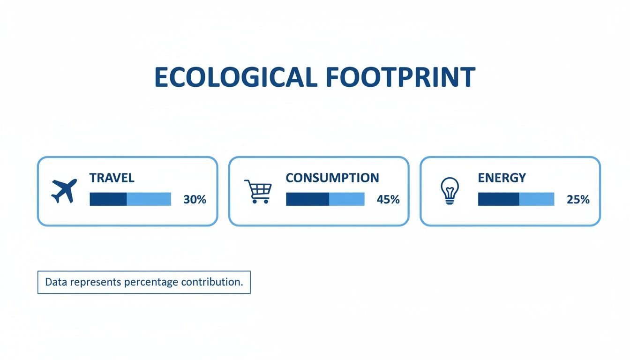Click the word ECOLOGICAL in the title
point(234,78)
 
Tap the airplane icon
point(64,191)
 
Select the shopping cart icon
point(258,191)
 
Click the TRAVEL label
point(112,178)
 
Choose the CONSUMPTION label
point(332,178)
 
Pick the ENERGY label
point(502,178)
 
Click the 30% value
point(195,199)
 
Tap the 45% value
point(388,199)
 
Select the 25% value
point(578,199)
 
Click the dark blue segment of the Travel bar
point(108,199)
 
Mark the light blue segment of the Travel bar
point(149,199)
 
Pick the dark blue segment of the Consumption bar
point(307,199)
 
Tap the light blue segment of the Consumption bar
point(346,199)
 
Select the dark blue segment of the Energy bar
point(498,199)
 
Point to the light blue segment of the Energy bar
point(536,199)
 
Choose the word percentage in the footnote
point(151,283)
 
